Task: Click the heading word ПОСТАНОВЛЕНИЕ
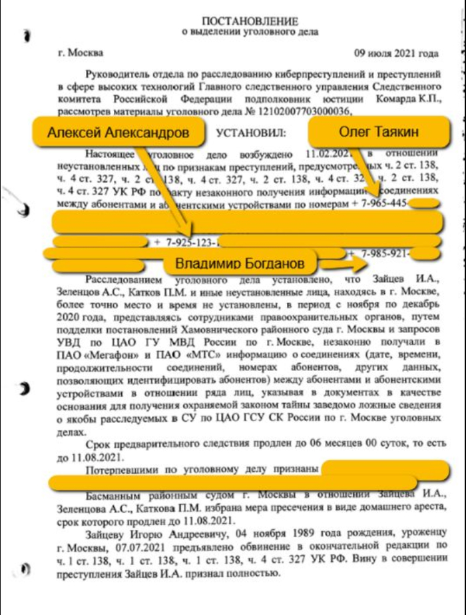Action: pos(250,21)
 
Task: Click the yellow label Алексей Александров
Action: pos(118,132)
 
